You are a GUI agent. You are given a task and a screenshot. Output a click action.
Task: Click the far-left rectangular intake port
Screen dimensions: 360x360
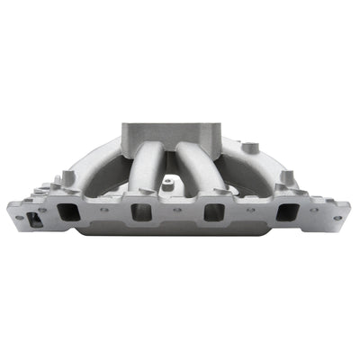click(x=68, y=212)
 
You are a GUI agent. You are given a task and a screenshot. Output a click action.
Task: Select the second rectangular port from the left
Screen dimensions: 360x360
click(x=141, y=212)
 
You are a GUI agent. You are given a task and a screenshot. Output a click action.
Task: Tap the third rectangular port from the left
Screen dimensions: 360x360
click(x=214, y=212)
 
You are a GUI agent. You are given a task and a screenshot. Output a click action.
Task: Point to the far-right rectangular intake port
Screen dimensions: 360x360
click(x=288, y=212)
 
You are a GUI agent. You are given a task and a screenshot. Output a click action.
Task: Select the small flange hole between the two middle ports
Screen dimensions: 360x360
click(x=177, y=210)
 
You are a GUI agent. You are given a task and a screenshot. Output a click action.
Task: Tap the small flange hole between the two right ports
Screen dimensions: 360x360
click(x=251, y=210)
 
